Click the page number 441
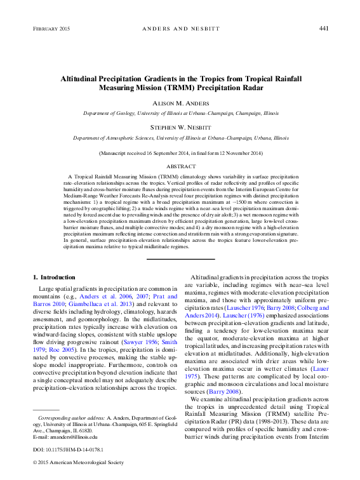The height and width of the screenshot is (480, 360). (323, 29)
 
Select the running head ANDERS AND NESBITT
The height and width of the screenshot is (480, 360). (180, 29)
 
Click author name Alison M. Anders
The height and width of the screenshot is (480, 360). (180, 102)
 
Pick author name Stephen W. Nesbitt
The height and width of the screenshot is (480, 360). (180, 126)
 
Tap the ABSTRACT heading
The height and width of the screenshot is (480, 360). (180, 164)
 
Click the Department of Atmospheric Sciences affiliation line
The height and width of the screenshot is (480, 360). (180, 137)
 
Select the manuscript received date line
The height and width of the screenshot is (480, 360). (180, 153)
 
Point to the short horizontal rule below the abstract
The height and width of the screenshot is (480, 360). (180, 258)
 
